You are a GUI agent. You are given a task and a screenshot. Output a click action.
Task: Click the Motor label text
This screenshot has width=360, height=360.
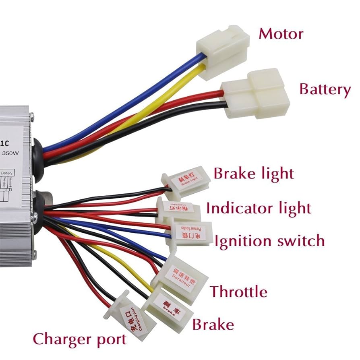(281, 33)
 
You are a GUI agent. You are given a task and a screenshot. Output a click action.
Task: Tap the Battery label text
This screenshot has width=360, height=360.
(325, 89)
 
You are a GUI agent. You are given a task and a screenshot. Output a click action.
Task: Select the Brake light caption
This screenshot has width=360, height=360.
(254, 174)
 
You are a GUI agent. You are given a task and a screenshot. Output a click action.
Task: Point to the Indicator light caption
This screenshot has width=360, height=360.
(259, 209)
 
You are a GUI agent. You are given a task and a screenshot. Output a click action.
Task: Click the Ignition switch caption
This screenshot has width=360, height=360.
(269, 241)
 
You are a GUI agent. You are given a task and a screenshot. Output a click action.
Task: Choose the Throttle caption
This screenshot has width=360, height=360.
(239, 291)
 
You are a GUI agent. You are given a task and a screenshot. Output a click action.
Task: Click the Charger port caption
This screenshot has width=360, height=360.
(79, 339)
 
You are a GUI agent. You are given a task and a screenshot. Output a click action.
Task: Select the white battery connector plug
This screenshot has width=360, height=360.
(257, 93)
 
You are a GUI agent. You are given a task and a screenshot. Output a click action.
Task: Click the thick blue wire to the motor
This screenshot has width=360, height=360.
(121, 105)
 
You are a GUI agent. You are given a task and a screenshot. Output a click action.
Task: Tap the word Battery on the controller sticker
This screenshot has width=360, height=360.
(8, 173)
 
